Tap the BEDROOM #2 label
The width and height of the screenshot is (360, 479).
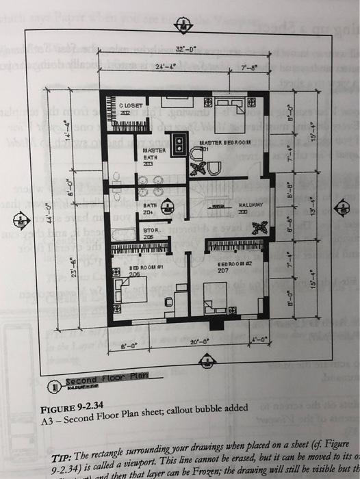tap(227, 266)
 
